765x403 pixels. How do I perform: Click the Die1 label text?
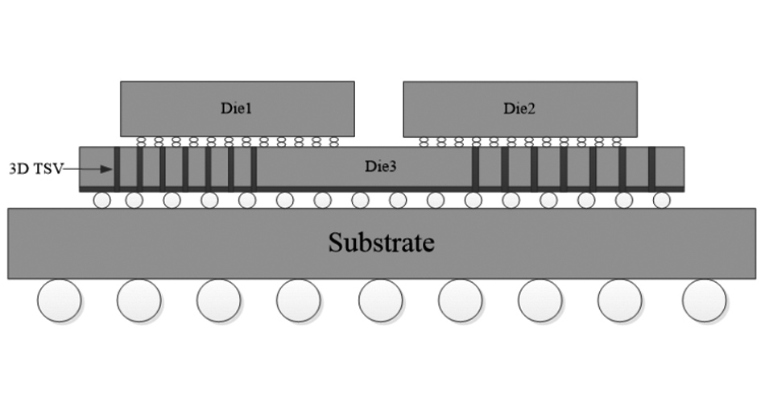pyautogui.click(x=238, y=109)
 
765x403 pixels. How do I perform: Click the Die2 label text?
pyautogui.click(x=519, y=109)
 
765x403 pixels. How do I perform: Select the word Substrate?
pyautogui.click(x=381, y=242)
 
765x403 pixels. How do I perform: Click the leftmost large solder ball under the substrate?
pyautogui.click(x=59, y=301)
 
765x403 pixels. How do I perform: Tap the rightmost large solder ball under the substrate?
pyautogui.click(x=705, y=301)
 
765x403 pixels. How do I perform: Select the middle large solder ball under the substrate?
pyautogui.click(x=380, y=301)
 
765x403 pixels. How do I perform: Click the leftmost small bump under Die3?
pyautogui.click(x=101, y=199)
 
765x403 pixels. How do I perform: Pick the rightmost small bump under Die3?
pyautogui.click(x=661, y=199)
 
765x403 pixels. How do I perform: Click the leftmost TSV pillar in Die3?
pyautogui.click(x=118, y=168)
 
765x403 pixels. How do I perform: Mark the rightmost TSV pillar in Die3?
pyautogui.click(x=651, y=168)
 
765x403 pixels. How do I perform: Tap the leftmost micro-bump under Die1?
pyautogui.click(x=141, y=142)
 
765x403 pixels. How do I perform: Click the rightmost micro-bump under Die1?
pyautogui.click(x=334, y=142)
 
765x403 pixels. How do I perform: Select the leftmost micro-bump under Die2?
pyautogui.click(x=424, y=142)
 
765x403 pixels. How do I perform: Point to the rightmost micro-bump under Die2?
pyautogui.click(x=617, y=142)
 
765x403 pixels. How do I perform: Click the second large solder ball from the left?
pyautogui.click(x=139, y=301)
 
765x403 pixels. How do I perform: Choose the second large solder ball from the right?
pyautogui.click(x=620, y=301)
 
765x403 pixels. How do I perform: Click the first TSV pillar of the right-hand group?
pyautogui.click(x=475, y=168)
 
